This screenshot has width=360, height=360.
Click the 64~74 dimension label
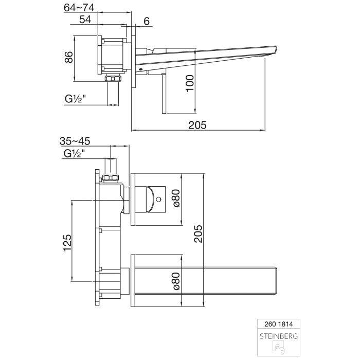coord(79,8)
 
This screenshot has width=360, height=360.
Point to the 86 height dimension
coord(68,58)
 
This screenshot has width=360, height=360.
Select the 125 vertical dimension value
coord(66,242)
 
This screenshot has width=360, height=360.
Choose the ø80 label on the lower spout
coord(175,281)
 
